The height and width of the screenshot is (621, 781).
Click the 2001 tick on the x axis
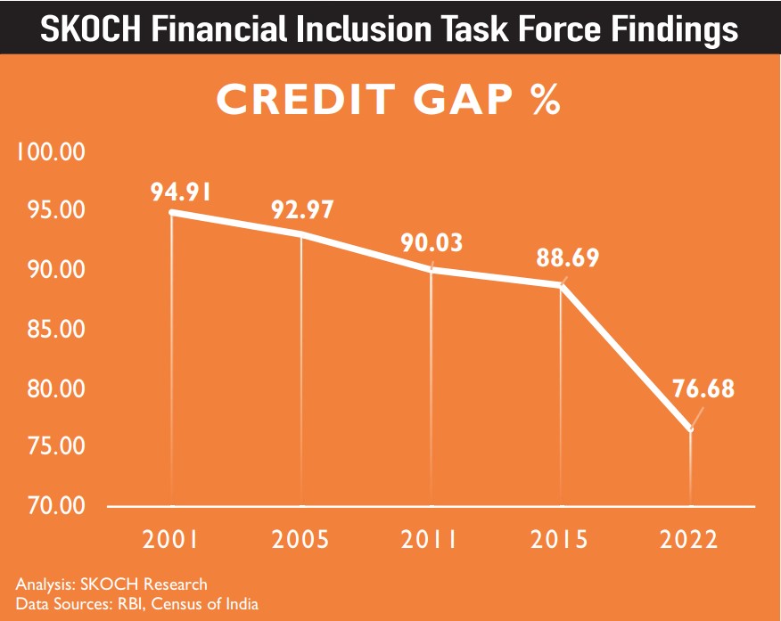(170, 539)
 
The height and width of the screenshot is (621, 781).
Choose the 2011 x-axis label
(432, 539)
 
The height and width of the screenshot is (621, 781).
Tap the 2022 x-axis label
(691, 539)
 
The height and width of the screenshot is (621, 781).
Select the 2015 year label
(562, 539)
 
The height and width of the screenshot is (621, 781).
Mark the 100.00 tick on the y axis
(49, 151)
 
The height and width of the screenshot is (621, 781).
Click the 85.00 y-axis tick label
(50, 329)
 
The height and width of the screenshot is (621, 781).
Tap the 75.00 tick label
(50, 446)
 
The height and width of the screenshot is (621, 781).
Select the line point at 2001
(170, 212)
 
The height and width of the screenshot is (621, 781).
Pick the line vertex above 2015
(562, 285)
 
